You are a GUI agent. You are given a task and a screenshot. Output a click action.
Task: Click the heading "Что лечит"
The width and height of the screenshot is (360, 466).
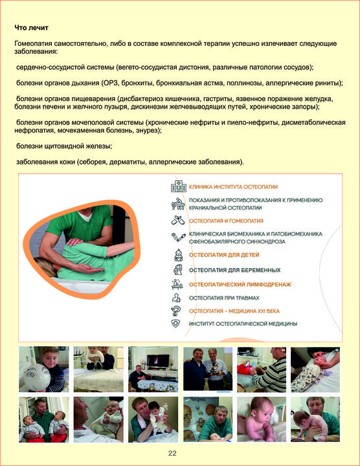click(31, 28)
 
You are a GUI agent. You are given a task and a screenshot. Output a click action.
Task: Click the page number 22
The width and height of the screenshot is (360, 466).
click(172, 453)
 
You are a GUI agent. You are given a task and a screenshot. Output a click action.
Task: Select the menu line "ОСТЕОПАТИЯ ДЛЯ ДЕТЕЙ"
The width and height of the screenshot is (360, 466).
click(224, 255)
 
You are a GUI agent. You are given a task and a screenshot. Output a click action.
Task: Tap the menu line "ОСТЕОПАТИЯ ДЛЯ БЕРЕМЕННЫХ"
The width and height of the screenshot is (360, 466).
click(235, 270)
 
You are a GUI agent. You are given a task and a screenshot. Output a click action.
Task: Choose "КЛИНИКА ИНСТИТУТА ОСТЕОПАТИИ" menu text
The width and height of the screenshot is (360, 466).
click(233, 187)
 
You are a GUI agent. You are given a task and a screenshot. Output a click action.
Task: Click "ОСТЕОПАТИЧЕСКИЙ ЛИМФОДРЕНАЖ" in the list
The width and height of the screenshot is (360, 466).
click(240, 284)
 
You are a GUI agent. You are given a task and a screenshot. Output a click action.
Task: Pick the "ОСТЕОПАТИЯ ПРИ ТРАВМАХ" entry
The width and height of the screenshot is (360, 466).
click(224, 298)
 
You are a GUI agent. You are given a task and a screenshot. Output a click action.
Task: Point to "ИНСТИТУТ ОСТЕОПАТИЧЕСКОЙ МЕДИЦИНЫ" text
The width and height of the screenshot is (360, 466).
click(243, 324)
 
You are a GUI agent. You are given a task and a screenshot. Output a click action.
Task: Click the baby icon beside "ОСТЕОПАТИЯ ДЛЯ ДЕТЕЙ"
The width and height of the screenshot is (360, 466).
click(178, 255)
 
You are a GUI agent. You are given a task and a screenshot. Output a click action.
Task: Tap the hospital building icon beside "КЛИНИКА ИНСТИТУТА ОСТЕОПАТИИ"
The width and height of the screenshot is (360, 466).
click(179, 186)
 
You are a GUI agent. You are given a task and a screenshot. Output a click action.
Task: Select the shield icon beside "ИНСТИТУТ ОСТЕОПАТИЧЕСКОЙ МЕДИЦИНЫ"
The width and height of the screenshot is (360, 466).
click(176, 324)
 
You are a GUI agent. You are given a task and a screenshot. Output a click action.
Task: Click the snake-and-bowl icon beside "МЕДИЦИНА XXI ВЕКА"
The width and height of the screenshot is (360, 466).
click(175, 311)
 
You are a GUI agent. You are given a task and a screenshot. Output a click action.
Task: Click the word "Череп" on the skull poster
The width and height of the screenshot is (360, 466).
click(198, 399)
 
